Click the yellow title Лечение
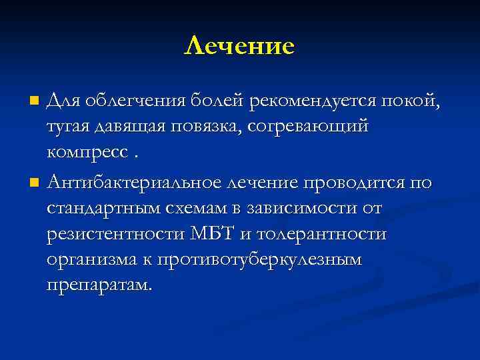(x=239, y=46)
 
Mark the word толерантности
(x=331, y=235)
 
